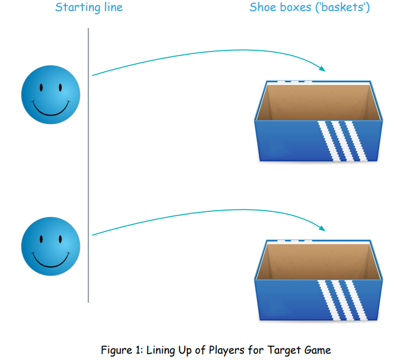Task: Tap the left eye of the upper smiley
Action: (41, 89)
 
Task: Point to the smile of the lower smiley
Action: (51, 260)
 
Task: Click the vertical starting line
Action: (89, 174)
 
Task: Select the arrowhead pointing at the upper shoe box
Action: (321, 68)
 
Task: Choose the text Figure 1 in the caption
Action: (122, 350)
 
